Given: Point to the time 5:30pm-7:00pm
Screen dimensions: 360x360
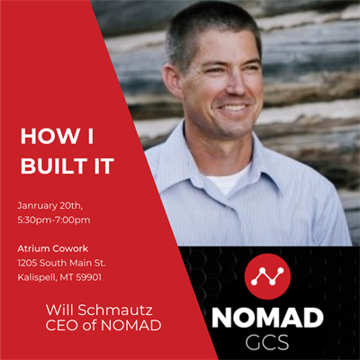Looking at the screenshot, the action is [x=54, y=220].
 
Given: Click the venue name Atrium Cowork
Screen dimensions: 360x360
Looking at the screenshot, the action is [x=53, y=248].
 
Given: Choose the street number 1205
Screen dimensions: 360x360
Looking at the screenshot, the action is [x=27, y=263].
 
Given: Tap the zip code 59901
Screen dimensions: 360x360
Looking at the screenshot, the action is [x=88, y=277].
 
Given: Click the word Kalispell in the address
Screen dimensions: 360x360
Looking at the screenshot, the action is [x=37, y=278].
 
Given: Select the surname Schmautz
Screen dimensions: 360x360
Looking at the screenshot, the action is [x=115, y=310].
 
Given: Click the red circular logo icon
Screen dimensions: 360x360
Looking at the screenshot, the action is [x=267, y=276].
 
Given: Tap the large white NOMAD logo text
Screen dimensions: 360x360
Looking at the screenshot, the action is [x=267, y=318].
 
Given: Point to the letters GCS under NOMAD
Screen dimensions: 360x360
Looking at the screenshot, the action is [x=267, y=342].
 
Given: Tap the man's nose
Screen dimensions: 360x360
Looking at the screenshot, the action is [x=237, y=84].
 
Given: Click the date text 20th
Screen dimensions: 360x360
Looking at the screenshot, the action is [x=71, y=206].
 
